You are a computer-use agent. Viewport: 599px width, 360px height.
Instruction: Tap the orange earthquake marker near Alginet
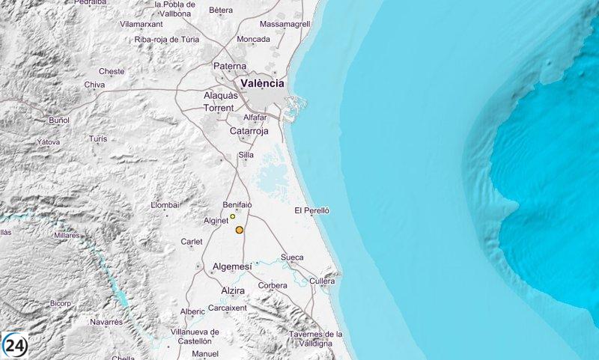pyautogui.click(x=240, y=230)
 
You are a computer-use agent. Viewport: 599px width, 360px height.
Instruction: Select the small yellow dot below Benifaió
pyautogui.click(x=233, y=216)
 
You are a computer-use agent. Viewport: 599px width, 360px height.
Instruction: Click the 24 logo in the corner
pyautogui.click(x=15, y=345)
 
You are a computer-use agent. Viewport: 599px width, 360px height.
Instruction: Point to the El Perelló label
pyautogui.click(x=312, y=210)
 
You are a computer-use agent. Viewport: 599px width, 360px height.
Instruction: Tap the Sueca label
pyautogui.click(x=292, y=257)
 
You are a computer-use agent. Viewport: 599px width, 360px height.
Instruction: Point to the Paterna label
pyautogui.click(x=230, y=66)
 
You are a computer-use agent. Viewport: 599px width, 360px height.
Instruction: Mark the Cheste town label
pyautogui.click(x=112, y=71)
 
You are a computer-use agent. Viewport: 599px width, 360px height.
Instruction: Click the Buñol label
pyautogui.click(x=58, y=120)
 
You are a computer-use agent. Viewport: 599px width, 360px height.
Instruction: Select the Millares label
pyautogui.click(x=67, y=235)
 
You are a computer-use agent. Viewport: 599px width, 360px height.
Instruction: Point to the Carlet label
pyautogui.click(x=192, y=242)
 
